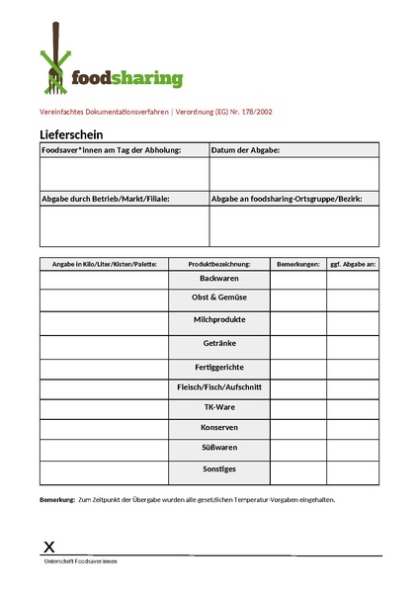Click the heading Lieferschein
click(72, 134)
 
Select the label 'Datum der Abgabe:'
click(246, 150)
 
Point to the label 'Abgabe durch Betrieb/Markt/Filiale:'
click(106, 199)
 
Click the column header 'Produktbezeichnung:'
click(218, 264)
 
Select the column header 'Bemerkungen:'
click(298, 264)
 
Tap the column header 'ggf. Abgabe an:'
click(353, 264)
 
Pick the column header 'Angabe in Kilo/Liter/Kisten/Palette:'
click(104, 264)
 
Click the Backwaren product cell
click(218, 279)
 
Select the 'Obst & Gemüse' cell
click(218, 296)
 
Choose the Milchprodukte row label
click(218, 320)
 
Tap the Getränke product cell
click(218, 346)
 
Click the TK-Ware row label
click(218, 406)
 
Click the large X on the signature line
click(49, 547)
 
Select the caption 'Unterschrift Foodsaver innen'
click(81, 561)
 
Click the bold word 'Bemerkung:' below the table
click(57, 499)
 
